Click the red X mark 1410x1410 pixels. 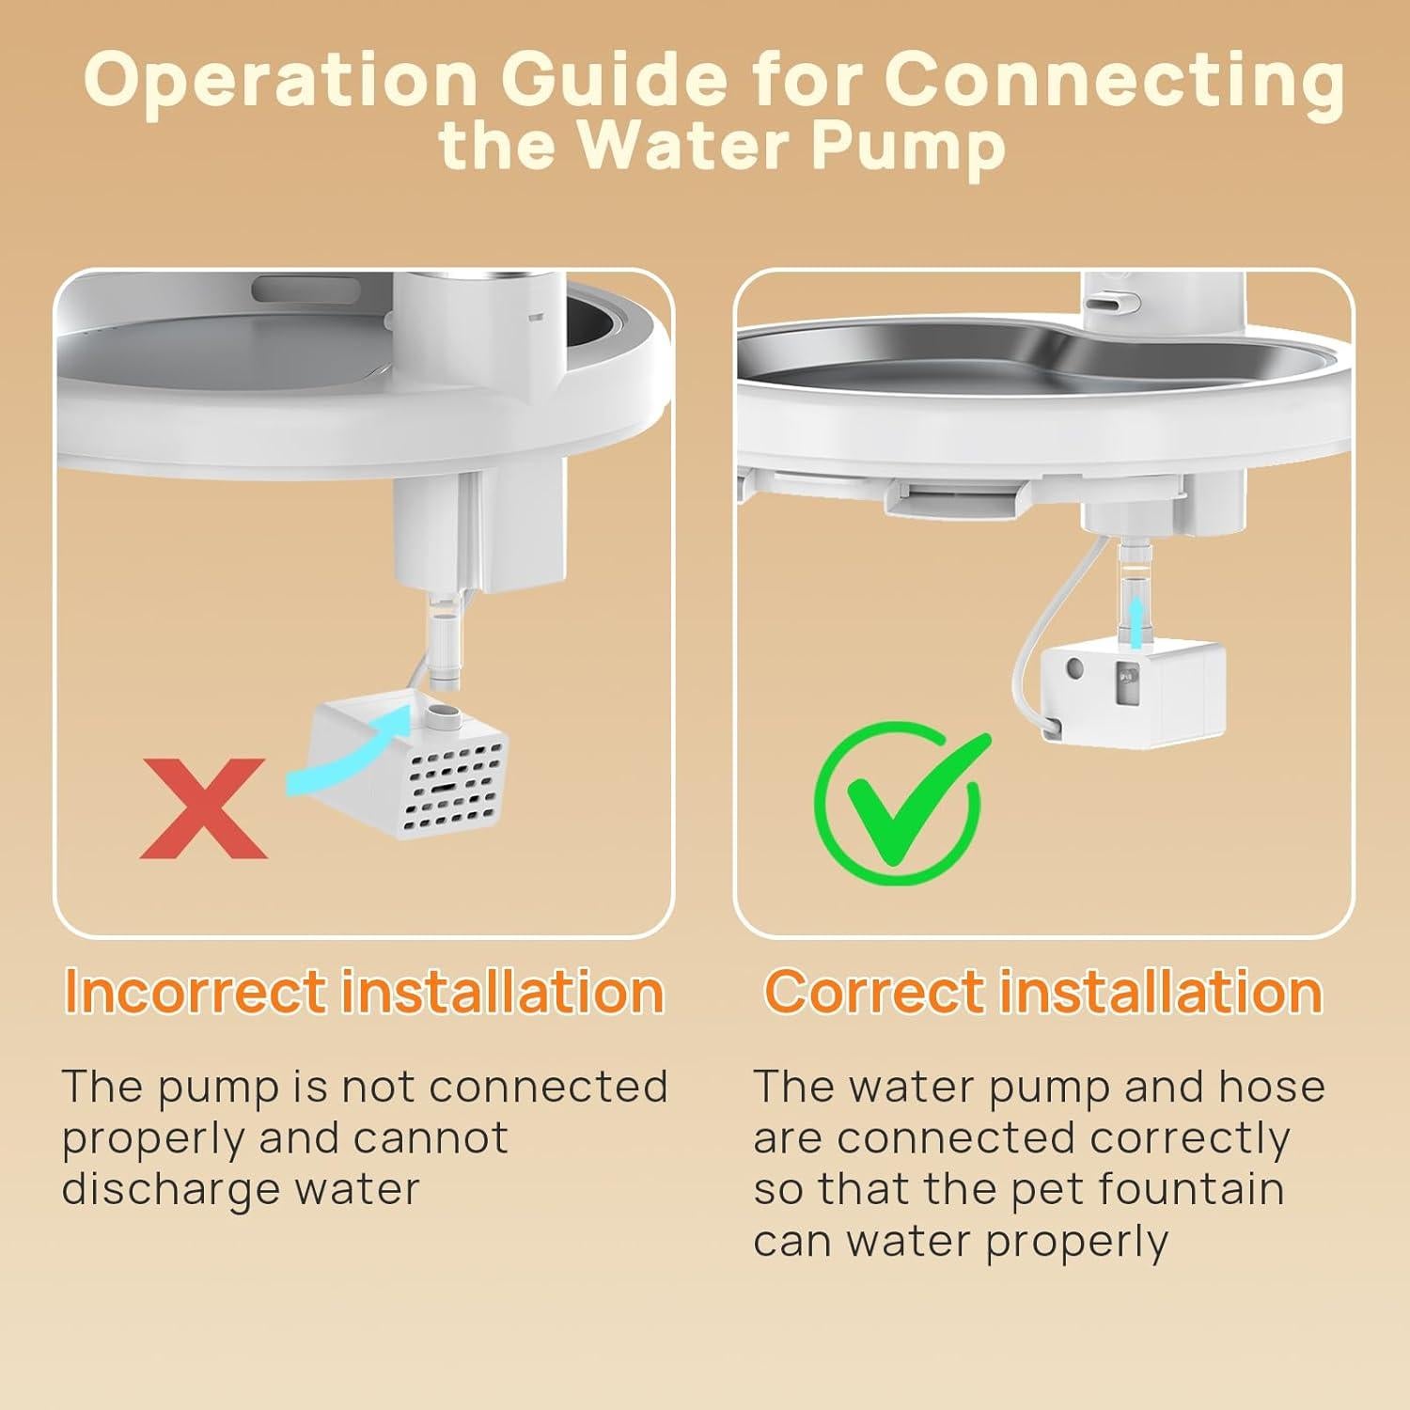pyautogui.click(x=204, y=808)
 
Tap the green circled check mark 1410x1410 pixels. pyautogui.click(x=901, y=799)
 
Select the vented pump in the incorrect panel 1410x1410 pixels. pyautogui.click(x=411, y=766)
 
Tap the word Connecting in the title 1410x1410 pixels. pyautogui.click(x=1114, y=83)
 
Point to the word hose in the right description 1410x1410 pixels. pyautogui.click(x=1272, y=1087)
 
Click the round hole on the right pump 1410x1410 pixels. pyautogui.click(x=1074, y=671)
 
